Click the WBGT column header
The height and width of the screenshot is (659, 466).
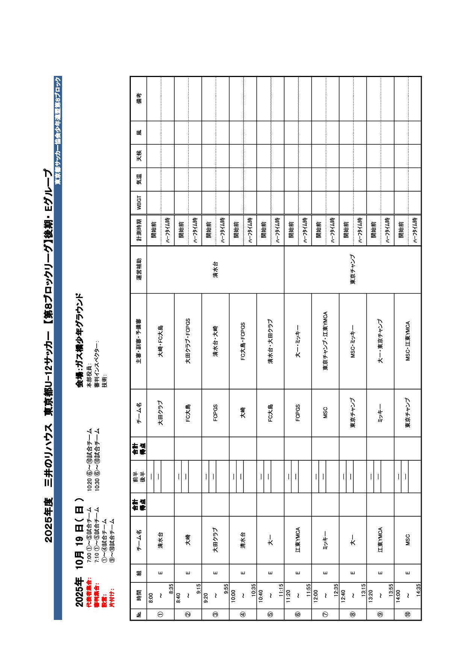(x=139, y=203)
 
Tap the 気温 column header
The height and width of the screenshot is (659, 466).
(x=139, y=179)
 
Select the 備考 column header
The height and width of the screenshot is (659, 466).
(x=139, y=98)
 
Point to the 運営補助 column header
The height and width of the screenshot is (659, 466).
(x=139, y=269)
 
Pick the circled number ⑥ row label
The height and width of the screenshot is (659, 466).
(x=298, y=615)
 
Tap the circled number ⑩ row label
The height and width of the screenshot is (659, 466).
(x=408, y=615)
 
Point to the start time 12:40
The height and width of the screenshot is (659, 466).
(x=343, y=596)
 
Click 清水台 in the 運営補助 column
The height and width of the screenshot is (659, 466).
(x=215, y=269)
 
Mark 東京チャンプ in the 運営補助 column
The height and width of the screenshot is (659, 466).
(x=353, y=269)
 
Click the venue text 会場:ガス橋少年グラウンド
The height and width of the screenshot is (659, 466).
(x=79, y=340)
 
